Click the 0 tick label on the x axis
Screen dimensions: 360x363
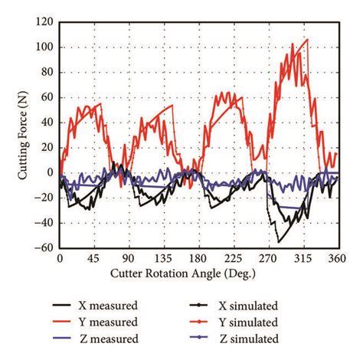coord(59,259)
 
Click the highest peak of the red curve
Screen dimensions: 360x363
coord(307,39)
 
